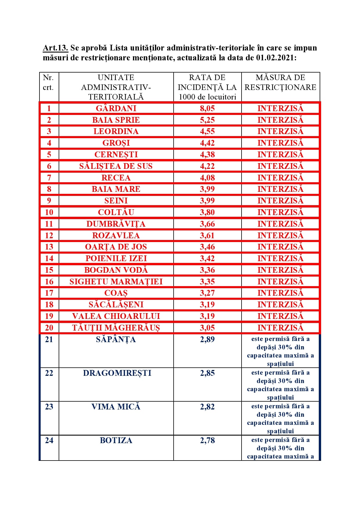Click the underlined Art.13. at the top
click(55, 48)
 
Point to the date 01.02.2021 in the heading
click(276, 58)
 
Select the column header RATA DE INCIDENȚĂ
click(207, 87)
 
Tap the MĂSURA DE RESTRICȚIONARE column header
click(280, 82)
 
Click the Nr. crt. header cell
click(48, 82)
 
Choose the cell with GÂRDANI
click(116, 108)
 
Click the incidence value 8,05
click(207, 108)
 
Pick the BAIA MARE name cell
click(116, 189)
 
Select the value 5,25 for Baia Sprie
click(207, 120)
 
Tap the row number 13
click(49, 247)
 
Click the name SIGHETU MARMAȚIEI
click(116, 281)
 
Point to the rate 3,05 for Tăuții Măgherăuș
click(207, 328)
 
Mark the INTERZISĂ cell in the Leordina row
click(280, 131)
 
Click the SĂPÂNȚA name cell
click(116, 339)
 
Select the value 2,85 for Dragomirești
click(207, 373)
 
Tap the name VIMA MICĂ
click(116, 407)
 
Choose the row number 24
click(49, 441)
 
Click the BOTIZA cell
click(116, 441)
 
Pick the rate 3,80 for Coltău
click(207, 212)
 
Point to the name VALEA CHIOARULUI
click(116, 316)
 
